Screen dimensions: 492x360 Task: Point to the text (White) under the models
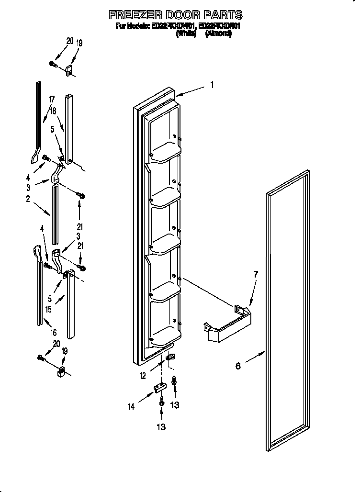point(187,34)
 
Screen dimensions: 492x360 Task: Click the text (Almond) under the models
point(219,34)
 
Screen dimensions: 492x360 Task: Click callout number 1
point(212,86)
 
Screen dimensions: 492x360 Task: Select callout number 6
point(238,366)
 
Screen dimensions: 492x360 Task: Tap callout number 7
point(255,274)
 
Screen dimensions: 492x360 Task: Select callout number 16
point(54,332)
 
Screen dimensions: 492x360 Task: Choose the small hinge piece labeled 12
point(170,357)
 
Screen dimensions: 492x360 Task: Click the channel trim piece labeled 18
point(69,129)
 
